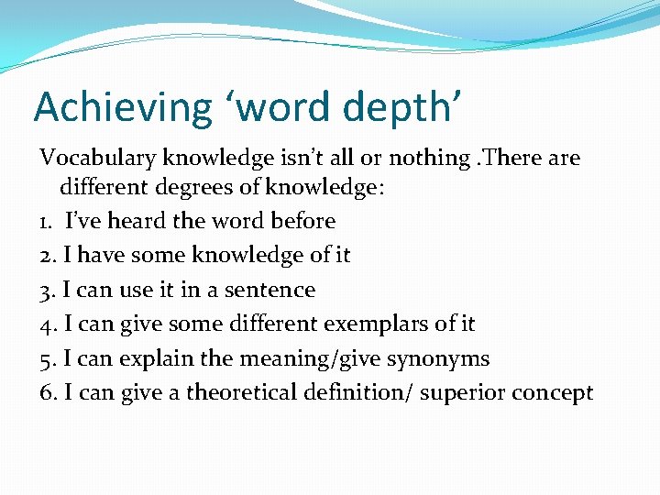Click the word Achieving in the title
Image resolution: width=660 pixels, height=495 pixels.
[123, 107]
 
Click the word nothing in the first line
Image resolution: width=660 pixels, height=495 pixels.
[429, 159]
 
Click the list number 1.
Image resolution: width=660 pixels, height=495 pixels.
[46, 222]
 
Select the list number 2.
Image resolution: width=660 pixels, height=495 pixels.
[46, 256]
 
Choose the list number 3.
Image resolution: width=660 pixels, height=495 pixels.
[47, 291]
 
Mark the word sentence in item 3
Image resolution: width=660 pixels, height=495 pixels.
[275, 291]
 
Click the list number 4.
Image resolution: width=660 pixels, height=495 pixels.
[47, 324]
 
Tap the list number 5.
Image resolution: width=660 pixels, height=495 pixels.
[47, 359]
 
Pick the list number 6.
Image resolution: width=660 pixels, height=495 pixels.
[47, 393]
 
